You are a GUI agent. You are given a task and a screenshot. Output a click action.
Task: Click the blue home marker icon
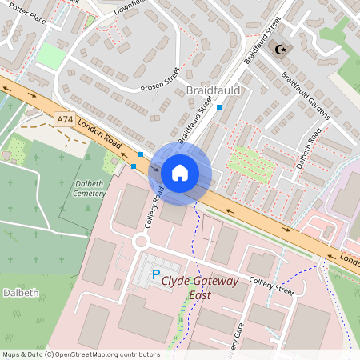pyautogui.click(x=180, y=172)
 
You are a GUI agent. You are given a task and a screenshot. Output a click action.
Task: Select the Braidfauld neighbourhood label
pyautogui.click(x=213, y=90)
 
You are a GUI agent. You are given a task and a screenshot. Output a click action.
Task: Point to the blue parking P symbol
pyautogui.click(x=155, y=274)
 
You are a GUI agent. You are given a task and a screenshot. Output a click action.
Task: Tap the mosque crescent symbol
pyautogui.click(x=279, y=50)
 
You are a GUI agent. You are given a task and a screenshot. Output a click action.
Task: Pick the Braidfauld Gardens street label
pyautogui.click(x=305, y=94)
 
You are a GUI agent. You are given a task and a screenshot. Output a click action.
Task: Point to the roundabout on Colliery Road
pyautogui.click(x=142, y=240)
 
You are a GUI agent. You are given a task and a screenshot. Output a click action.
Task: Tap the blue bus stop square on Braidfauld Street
pyautogui.click(x=219, y=106)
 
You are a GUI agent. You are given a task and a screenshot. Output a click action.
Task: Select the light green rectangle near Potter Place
pyautogui.click(x=50, y=55)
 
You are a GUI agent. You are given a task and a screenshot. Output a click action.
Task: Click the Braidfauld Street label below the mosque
pyautogui.click(x=263, y=40)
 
